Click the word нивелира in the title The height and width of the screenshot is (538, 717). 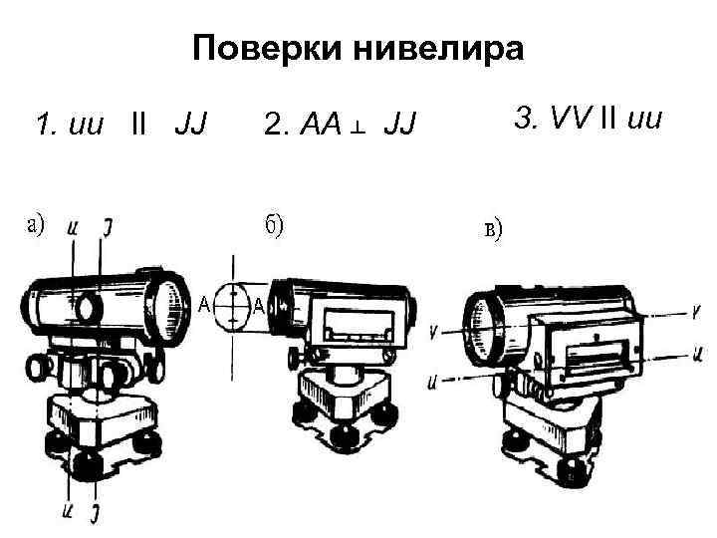tap(434, 48)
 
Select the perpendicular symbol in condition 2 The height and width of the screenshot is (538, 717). tap(360, 127)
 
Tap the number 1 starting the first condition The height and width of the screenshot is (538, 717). tap(40, 126)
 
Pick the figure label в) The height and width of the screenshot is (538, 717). tap(492, 231)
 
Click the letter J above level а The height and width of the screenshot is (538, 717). tap(106, 227)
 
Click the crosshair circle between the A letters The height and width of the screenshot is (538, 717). tap(230, 304)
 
